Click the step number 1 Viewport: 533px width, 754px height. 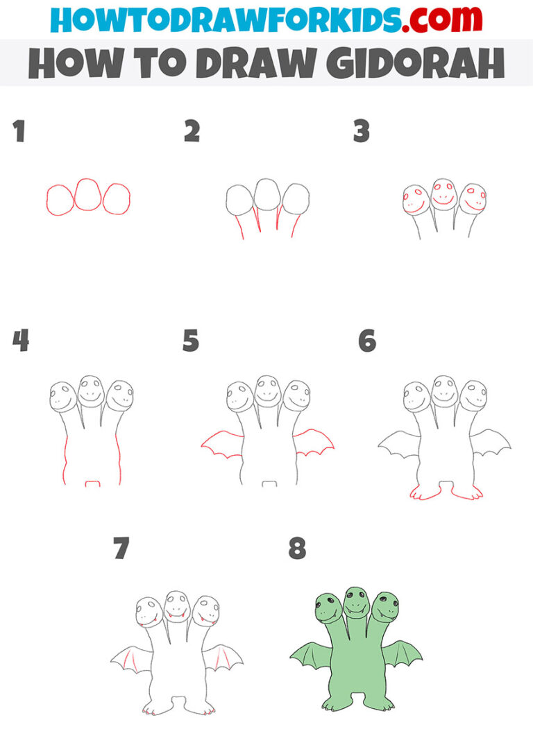[x=19, y=131]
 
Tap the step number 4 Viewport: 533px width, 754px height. [x=20, y=341]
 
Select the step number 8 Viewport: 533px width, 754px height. [x=297, y=549]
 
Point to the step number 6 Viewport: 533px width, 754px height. [x=366, y=341]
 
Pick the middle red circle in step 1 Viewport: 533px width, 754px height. [x=87, y=195]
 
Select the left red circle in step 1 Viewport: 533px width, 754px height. [x=60, y=199]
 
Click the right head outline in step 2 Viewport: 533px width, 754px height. [x=296, y=198]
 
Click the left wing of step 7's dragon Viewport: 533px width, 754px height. [x=132, y=659]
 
